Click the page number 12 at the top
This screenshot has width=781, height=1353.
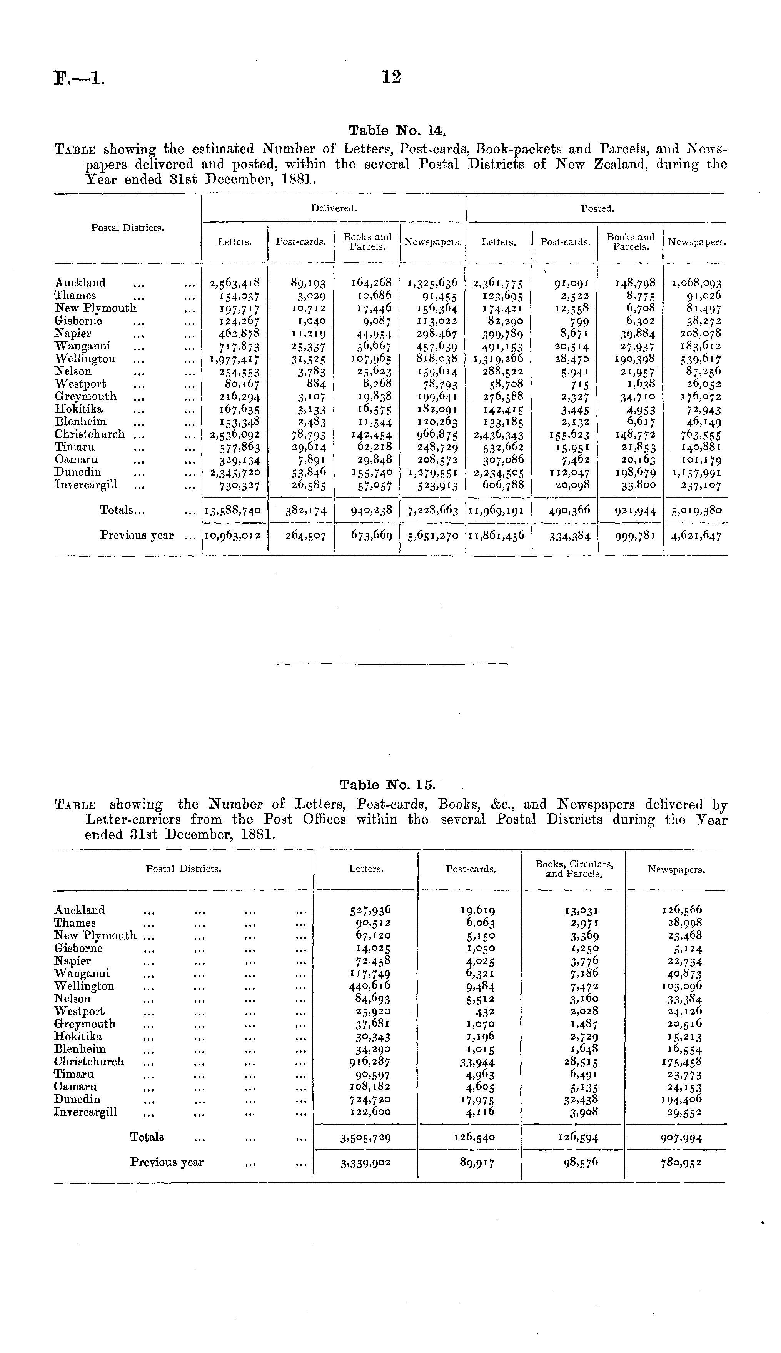coord(392,77)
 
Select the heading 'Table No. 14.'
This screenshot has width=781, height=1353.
coord(397,130)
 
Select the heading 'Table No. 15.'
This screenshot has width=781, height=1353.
coord(388,786)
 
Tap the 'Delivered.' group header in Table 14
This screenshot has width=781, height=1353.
coord(334,208)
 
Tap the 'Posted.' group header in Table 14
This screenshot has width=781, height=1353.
coord(597,208)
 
